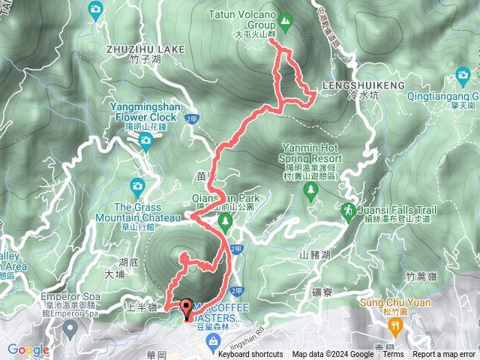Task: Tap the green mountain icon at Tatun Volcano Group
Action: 285,20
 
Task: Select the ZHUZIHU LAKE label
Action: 145,49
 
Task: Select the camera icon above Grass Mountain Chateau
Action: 137,185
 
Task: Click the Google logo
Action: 28,349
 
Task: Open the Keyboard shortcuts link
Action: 250,355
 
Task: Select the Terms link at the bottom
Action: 394,355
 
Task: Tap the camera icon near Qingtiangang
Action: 463,75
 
